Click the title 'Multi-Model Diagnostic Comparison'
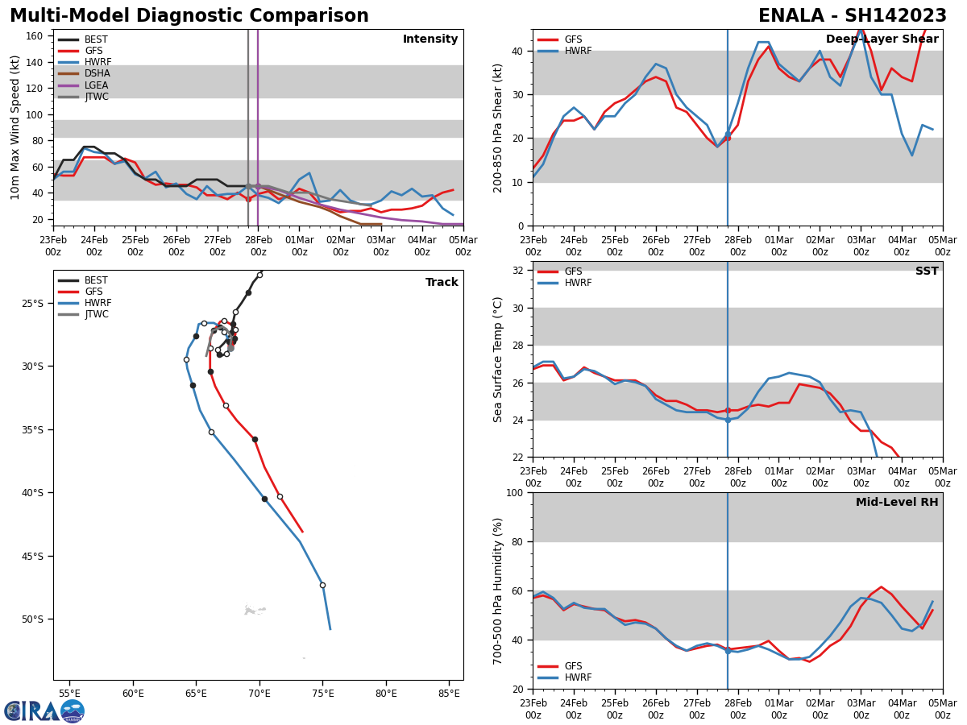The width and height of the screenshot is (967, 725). (189, 16)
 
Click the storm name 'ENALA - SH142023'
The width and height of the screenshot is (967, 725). (853, 16)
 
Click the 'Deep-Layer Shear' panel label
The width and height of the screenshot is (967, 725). (882, 39)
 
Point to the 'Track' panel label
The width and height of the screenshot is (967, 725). (442, 283)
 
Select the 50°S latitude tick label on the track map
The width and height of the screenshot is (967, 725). (32, 619)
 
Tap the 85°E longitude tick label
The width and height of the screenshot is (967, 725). (450, 693)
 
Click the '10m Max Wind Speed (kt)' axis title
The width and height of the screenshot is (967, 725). (15, 127)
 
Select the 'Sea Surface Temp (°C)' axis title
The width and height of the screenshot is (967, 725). (499, 359)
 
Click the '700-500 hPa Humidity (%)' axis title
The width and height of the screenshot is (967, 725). (499, 590)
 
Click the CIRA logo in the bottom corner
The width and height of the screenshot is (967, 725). (44, 710)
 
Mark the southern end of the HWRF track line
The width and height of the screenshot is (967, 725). (330, 629)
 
